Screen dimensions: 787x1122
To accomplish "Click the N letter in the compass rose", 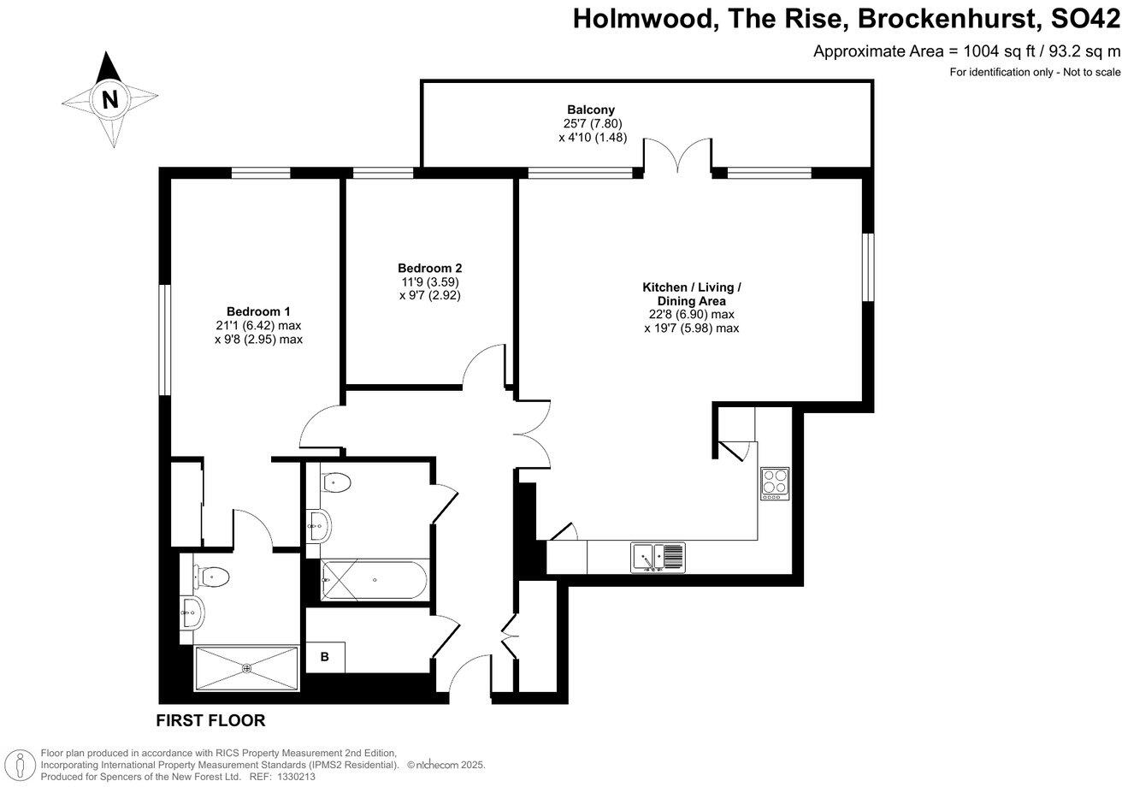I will click(x=109, y=99).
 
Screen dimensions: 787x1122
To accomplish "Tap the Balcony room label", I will click(x=590, y=109).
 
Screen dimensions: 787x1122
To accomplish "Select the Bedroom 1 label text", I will click(x=258, y=311).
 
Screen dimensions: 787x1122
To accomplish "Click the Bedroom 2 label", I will click(x=430, y=267).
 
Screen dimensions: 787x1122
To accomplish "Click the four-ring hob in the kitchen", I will click(x=775, y=483).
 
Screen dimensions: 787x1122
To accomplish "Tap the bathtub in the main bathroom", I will click(x=374, y=581).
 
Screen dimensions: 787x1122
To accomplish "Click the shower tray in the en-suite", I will click(x=246, y=667).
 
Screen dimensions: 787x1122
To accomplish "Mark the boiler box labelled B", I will click(x=325, y=657).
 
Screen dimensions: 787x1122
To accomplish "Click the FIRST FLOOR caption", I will click(x=210, y=720).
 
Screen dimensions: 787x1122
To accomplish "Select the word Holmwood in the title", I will click(x=641, y=18).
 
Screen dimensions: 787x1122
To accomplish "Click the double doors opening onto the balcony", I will click(x=677, y=157).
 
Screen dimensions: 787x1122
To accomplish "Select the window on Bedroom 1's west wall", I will click(x=164, y=340).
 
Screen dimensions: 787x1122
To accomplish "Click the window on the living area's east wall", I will click(x=867, y=267).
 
